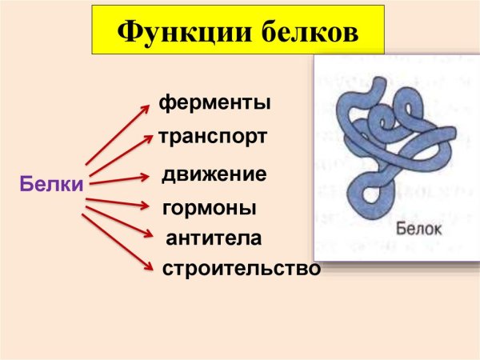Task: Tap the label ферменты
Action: point(214,103)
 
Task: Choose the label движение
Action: point(214,174)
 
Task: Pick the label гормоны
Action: point(210,209)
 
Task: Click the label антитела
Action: point(214,238)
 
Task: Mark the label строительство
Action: point(241,269)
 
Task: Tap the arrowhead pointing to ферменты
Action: point(150,105)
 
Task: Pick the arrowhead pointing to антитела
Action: point(150,235)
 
